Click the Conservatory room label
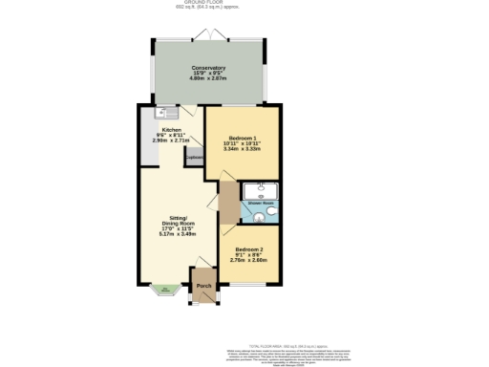click(208, 68)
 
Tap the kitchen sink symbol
click(161, 112)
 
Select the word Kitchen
click(172, 129)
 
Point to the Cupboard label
click(195, 158)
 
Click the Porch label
click(203, 286)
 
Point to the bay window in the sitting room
click(164, 291)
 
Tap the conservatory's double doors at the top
click(208, 35)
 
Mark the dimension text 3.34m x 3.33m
click(243, 150)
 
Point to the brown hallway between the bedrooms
click(226, 205)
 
